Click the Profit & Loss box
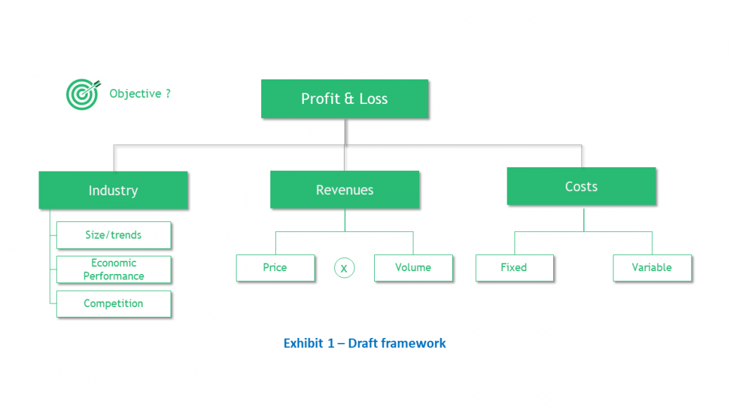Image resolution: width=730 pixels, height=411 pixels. [x=345, y=99]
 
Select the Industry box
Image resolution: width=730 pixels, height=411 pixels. [x=113, y=190]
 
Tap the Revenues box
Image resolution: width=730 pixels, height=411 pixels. [x=345, y=190]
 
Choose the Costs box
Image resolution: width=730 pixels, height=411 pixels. [x=581, y=186]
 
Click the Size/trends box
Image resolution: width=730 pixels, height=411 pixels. [x=114, y=235]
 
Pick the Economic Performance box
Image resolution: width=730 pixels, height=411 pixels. [x=114, y=269]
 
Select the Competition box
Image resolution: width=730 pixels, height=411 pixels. [x=114, y=304]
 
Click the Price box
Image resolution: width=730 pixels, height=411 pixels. [x=275, y=268]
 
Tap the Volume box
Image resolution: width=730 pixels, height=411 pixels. [x=413, y=268]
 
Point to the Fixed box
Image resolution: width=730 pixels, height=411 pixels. [x=515, y=268]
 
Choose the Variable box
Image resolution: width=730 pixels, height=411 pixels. [x=652, y=268]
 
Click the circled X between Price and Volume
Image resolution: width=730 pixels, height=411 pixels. [x=344, y=268]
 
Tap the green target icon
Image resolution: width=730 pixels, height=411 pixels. [x=83, y=94]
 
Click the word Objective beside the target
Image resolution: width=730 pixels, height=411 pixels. [x=135, y=93]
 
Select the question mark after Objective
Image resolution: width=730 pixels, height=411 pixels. [x=168, y=93]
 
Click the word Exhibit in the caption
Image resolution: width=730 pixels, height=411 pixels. [x=303, y=344]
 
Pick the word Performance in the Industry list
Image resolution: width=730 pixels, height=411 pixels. [x=114, y=276]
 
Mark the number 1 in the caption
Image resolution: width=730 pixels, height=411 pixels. [x=331, y=344]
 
